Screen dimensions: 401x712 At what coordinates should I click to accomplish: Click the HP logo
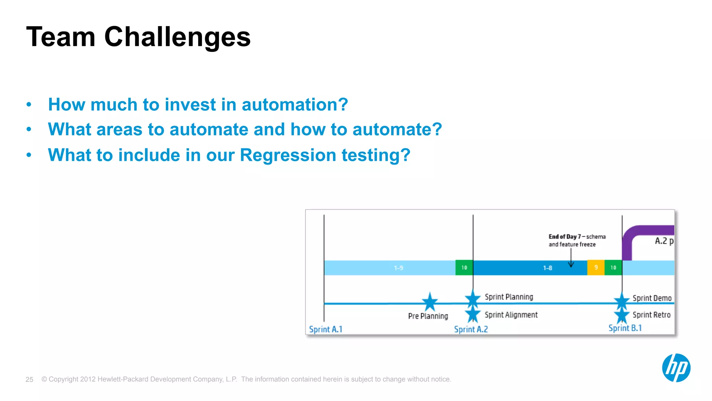[676, 368]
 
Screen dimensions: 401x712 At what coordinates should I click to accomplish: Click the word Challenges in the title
[177, 37]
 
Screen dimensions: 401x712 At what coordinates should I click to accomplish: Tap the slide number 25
[29, 379]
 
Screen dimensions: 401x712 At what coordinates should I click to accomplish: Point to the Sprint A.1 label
[326, 329]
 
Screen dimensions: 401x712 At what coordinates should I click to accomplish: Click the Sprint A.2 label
[471, 329]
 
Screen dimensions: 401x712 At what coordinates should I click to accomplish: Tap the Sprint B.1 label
[625, 328]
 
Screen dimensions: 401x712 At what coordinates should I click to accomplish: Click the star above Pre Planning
[430, 301]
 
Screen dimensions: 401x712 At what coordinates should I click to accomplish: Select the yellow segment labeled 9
[596, 268]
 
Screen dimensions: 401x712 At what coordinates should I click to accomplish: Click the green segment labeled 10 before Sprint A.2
[464, 268]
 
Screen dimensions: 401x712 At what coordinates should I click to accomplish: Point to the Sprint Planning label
[509, 297]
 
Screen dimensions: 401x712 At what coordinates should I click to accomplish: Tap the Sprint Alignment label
[511, 315]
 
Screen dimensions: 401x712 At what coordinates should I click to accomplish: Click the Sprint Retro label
[651, 315]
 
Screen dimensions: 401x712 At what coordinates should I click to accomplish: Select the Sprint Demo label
[652, 298]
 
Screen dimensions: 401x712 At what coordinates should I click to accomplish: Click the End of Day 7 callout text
[577, 240]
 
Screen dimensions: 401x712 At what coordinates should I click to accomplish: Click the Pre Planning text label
[428, 316]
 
